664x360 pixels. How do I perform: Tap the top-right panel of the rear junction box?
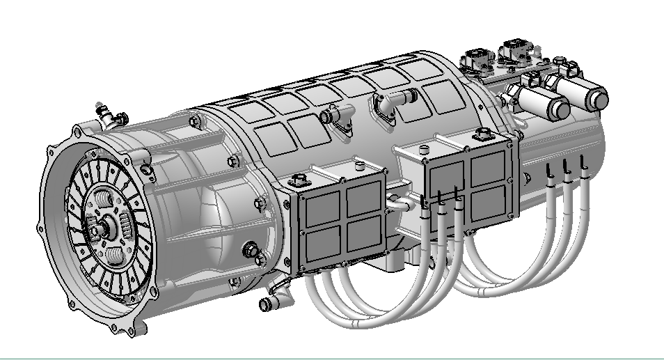point(490,166)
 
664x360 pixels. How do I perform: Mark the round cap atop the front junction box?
point(358,166)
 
